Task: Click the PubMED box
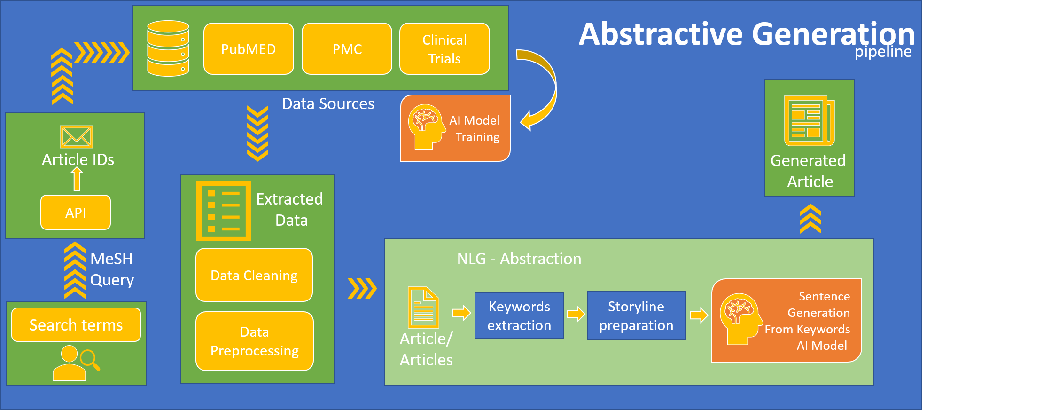pos(249,49)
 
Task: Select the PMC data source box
pos(347,49)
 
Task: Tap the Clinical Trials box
pos(444,49)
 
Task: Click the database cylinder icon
pos(168,48)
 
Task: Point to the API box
pos(76,213)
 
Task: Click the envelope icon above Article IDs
pos(77,137)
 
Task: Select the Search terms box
pos(76,325)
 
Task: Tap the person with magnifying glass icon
pos(75,363)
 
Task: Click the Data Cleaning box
pos(254,275)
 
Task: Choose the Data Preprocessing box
pos(255,341)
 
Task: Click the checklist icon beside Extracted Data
pos(224,211)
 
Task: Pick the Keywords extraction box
pos(519,315)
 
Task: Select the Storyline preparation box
pos(636,315)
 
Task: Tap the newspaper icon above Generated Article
pos(809,121)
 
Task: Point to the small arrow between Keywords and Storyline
pos(576,314)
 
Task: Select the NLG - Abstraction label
pos(519,259)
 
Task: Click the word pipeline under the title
pos(883,52)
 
